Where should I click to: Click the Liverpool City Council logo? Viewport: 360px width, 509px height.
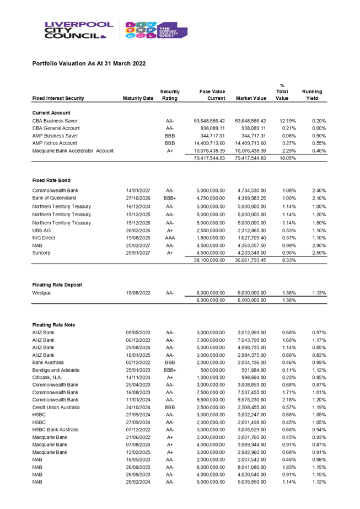(77, 30)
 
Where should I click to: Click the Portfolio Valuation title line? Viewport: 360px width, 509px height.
(89, 63)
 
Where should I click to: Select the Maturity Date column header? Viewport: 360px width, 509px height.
(138, 98)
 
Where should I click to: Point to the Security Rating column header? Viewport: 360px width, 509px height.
(170, 95)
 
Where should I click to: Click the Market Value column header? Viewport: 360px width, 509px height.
(251, 98)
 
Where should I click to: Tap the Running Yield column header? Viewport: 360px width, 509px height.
(312, 95)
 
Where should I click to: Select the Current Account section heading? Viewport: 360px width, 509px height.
(51, 112)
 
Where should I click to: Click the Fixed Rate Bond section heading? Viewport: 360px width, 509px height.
(51, 180)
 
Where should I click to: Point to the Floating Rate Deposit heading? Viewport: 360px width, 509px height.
(57, 285)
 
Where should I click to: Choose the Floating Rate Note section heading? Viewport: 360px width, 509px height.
(54, 325)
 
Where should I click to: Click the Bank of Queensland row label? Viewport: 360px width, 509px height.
(55, 198)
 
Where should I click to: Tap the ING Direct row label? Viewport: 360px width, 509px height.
(44, 238)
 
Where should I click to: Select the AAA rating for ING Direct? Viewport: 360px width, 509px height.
(170, 238)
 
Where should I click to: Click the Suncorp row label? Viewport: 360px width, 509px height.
(42, 253)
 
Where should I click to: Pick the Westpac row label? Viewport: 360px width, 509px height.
(42, 293)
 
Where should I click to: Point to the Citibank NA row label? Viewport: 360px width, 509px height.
(46, 377)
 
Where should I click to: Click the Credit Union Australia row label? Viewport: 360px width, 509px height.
(56, 407)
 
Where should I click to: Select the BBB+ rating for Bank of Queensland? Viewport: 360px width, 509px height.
(170, 198)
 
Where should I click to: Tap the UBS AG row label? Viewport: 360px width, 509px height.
(41, 230)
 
